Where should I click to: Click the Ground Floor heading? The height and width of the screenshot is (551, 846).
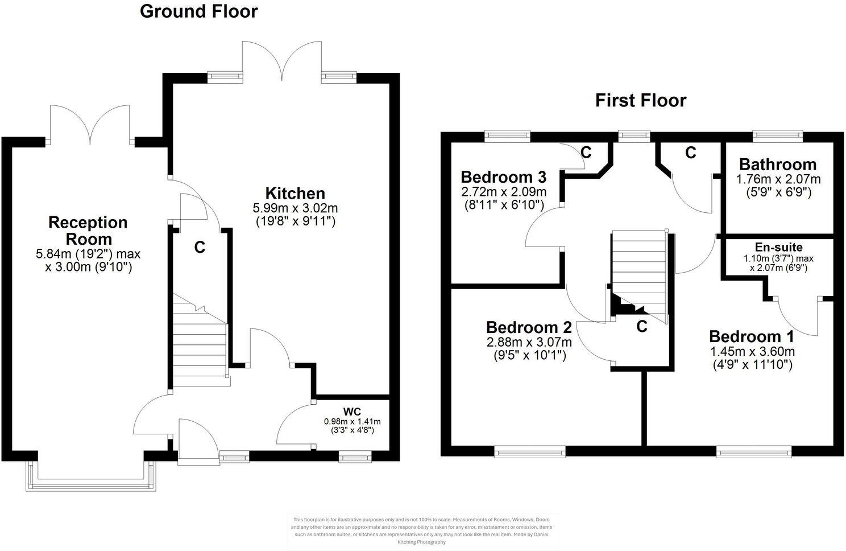tap(198, 11)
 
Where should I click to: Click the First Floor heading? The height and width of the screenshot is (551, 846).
tap(641, 101)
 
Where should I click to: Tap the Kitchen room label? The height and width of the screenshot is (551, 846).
tap(295, 194)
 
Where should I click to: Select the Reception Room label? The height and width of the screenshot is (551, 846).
tap(88, 230)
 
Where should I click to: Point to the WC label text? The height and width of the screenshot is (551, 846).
tap(352, 412)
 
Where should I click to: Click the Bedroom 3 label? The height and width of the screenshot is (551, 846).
tap(503, 176)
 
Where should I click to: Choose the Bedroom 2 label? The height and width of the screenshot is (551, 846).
tap(529, 327)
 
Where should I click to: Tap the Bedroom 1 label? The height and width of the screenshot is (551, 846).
tap(752, 336)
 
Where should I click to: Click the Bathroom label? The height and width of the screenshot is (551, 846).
tap(778, 165)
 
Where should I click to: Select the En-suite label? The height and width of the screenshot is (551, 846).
tap(778, 247)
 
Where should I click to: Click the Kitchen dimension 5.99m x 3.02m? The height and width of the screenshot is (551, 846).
tap(295, 208)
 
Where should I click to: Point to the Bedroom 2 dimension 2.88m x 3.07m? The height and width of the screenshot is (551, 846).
tap(529, 342)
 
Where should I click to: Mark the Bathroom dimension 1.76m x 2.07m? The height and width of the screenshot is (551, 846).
tap(778, 179)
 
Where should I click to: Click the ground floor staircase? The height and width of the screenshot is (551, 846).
tap(200, 347)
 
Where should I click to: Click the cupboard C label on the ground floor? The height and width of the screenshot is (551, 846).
tap(200, 248)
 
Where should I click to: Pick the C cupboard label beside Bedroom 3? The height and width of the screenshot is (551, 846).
tap(586, 153)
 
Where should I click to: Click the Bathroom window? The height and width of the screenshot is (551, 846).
tap(778, 135)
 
